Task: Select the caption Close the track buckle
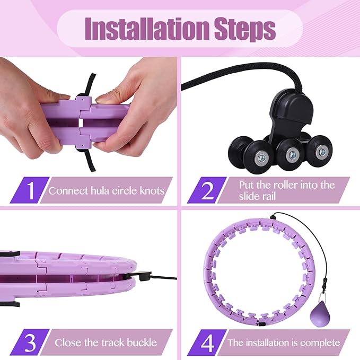pos(106,343)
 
